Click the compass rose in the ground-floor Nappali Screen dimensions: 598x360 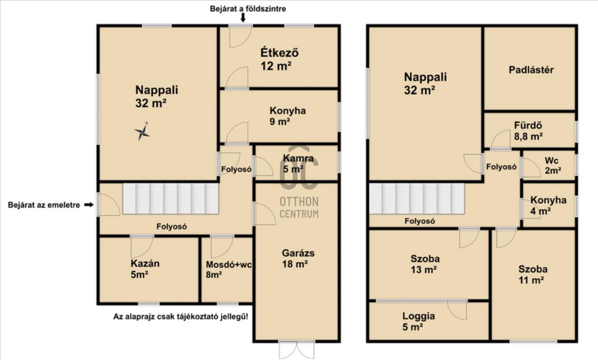(142, 132)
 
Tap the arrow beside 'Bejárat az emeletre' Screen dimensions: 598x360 (89, 205)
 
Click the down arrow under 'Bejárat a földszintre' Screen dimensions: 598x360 (243, 17)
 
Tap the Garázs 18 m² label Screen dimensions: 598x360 (298, 258)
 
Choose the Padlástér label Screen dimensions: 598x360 (531, 70)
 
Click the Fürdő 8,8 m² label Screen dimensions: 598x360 (528, 131)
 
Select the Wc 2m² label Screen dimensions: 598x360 (553, 166)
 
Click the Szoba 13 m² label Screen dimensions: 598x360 (425, 264)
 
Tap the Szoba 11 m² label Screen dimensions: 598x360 (533, 275)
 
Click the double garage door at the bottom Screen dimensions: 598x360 (297, 350)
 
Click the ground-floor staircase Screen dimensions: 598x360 (170, 198)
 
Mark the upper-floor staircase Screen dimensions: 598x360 (417, 198)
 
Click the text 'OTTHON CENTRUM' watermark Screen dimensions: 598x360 (299, 207)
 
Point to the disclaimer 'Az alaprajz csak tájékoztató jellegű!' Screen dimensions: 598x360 (180, 317)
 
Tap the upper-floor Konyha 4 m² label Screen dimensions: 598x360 (548, 205)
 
